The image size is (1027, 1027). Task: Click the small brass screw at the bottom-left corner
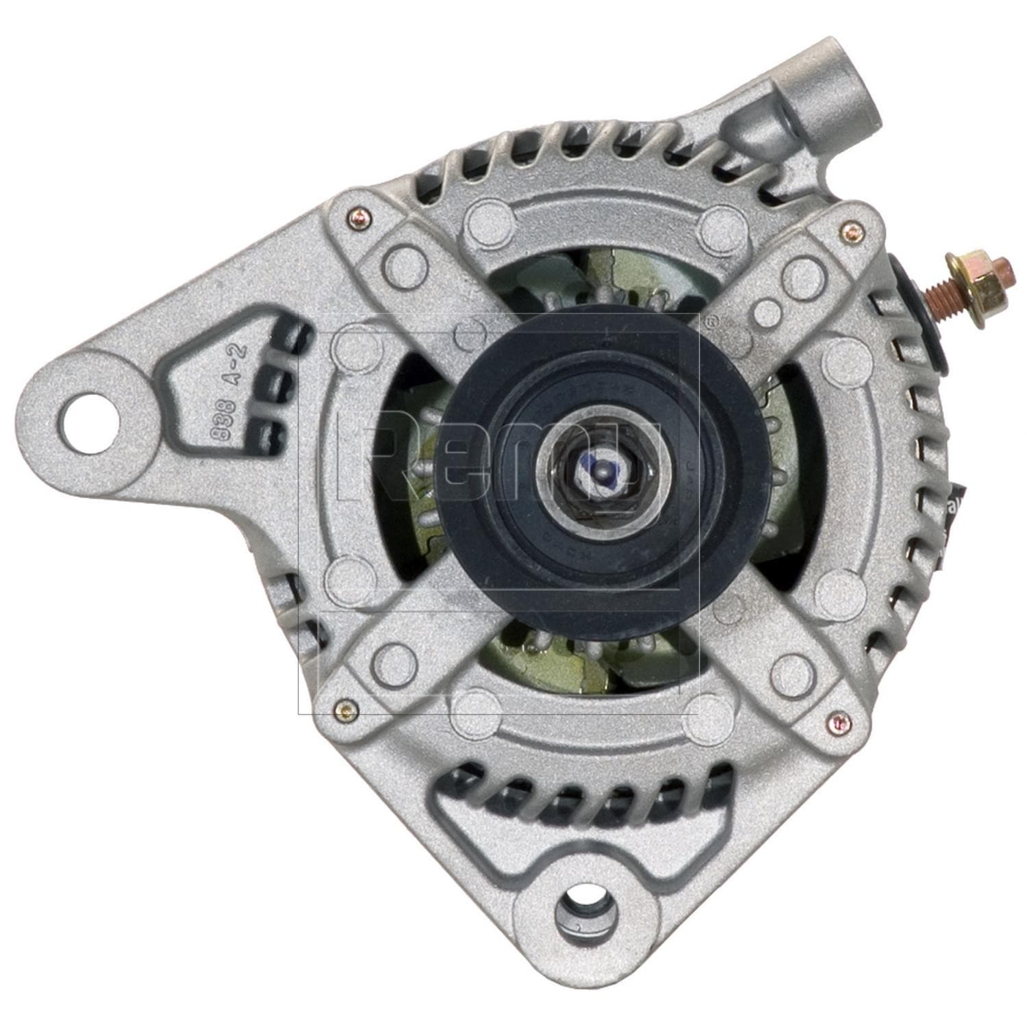click(342, 710)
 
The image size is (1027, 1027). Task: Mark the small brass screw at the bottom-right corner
click(838, 721)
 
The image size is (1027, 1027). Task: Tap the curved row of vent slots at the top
click(603, 157)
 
